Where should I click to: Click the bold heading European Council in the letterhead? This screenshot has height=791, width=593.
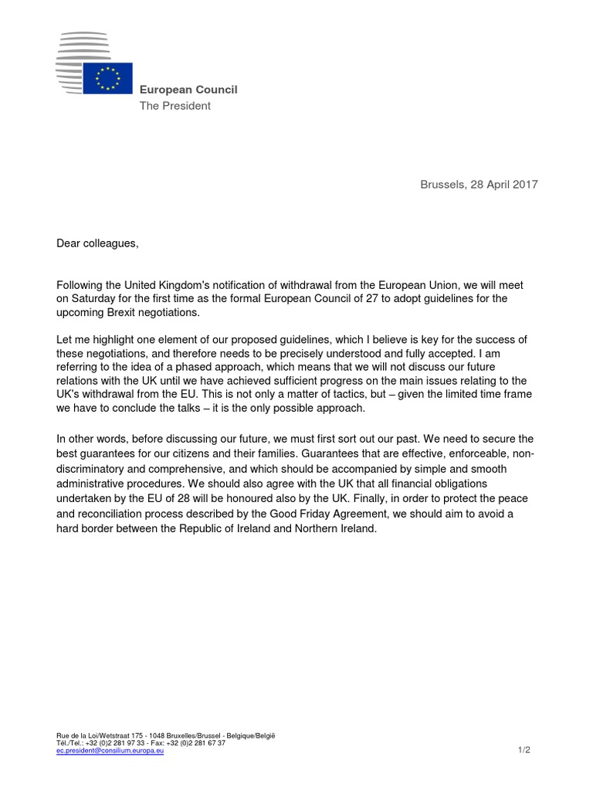pyautogui.click(x=188, y=90)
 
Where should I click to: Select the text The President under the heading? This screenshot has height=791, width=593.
pyautogui.click(x=175, y=106)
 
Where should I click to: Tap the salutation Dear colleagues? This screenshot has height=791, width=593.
pyautogui.click(x=97, y=244)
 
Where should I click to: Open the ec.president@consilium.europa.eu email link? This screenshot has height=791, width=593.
pyautogui.click(x=110, y=750)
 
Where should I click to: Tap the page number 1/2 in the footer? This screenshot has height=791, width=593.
pyautogui.click(x=524, y=750)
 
